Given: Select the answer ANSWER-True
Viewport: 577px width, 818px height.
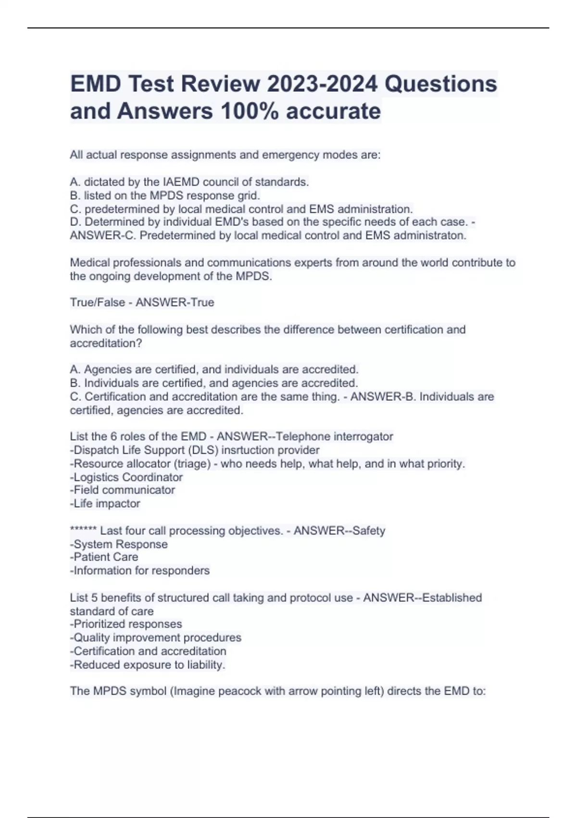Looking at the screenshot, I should click(x=175, y=302).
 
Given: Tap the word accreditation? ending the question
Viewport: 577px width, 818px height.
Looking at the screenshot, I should click(x=106, y=343).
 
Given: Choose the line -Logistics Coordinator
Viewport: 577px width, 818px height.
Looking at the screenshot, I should click(x=126, y=477).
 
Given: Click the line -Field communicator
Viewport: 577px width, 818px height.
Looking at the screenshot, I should click(x=123, y=490).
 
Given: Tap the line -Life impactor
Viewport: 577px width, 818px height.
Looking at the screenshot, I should click(x=105, y=503).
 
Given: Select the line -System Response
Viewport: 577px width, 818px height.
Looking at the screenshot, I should click(x=119, y=544).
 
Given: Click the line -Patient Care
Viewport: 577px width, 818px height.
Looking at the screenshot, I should click(x=104, y=557).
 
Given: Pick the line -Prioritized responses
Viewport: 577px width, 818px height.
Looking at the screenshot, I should click(x=126, y=624).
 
